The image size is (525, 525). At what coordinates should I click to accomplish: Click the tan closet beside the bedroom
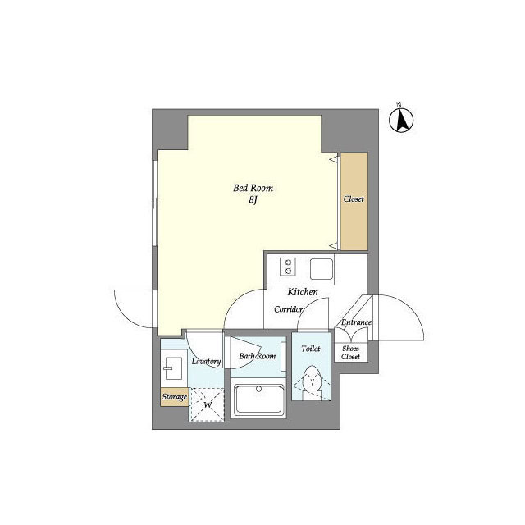[354, 201]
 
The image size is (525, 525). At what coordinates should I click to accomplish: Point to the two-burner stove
[288, 268]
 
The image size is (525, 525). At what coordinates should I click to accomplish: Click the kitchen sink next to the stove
[320, 268]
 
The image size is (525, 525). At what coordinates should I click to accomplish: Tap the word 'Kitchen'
[302, 292]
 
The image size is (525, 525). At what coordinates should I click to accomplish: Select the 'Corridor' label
[289, 309]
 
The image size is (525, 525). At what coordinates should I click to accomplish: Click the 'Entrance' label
[356, 322]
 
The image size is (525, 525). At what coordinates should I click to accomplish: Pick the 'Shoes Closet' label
[351, 353]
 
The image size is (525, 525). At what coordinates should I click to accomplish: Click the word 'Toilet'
[311, 349]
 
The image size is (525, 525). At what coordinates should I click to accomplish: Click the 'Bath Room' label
[257, 356]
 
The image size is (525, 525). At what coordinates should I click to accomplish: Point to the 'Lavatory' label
[206, 361]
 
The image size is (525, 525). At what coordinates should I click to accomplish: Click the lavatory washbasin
[174, 366]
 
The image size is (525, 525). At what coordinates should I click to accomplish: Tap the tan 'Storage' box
[174, 397]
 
